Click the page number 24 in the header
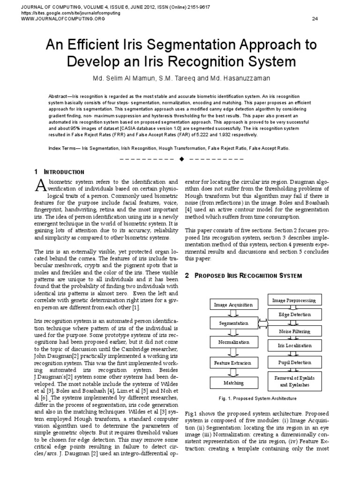tap(315, 19)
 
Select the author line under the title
tap(180, 77)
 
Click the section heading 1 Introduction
tap(60, 172)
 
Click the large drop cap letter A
tap(41, 186)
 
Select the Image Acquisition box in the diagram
tap(233, 305)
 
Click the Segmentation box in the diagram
tap(233, 323)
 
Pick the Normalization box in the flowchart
tap(233, 343)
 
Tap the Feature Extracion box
tap(233, 363)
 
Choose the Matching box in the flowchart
tap(233, 382)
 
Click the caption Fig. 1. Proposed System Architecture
tap(258, 398)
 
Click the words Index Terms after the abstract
tap(63, 148)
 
